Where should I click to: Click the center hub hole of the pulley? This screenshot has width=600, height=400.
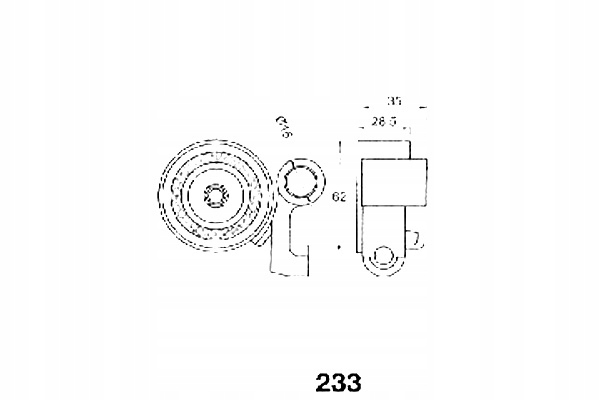click(x=215, y=196)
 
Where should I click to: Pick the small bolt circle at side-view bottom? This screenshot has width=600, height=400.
click(x=384, y=259)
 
